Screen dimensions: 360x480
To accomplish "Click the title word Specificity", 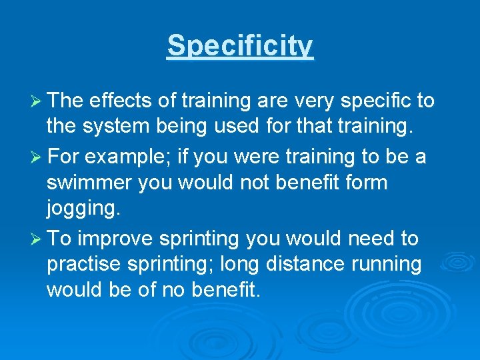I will tap(240, 45).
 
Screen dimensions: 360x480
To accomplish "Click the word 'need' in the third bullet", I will tap(365, 238).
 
